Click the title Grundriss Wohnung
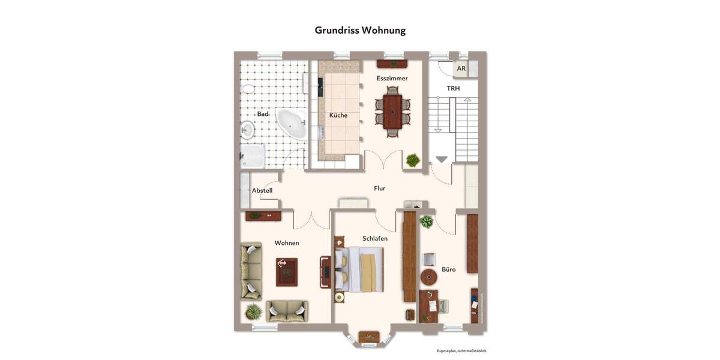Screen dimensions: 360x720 360,30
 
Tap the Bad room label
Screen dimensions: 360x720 263,114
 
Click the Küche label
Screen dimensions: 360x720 338,115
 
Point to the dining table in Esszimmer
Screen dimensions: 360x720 392,111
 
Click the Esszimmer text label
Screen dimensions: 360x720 392,79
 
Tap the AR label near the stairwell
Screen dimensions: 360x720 461,69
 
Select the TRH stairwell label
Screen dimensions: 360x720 453,88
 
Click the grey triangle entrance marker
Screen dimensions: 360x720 442,159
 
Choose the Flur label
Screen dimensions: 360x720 379,188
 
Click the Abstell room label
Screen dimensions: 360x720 262,191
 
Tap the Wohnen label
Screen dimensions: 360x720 287,243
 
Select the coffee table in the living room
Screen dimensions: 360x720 286,272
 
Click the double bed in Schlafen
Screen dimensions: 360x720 360,269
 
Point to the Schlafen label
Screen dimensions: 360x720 375,238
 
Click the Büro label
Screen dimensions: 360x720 449,269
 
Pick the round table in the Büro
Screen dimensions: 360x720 429,277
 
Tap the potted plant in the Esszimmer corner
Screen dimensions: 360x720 413,160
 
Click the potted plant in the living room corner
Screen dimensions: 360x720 254,311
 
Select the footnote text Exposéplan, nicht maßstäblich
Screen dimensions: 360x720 461,351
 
